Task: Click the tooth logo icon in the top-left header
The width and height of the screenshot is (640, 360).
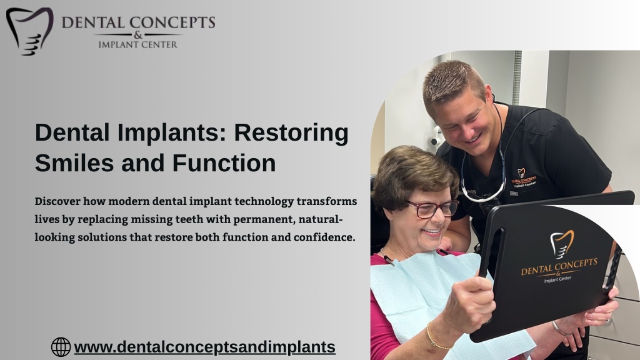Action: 30,31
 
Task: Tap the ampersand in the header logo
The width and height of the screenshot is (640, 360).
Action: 138,35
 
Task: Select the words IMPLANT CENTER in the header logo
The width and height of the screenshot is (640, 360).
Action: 138,44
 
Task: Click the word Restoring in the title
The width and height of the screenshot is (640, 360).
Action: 291,133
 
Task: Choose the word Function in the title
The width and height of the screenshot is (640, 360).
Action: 224,163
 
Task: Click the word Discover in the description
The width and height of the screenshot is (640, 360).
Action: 57,201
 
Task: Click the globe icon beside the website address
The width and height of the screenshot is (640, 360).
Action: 61,347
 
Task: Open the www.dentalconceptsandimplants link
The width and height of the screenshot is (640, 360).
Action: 204,347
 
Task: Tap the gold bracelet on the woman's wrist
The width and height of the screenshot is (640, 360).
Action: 437,337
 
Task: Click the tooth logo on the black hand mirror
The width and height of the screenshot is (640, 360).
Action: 562,244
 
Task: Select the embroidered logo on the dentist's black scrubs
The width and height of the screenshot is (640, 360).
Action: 524,177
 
